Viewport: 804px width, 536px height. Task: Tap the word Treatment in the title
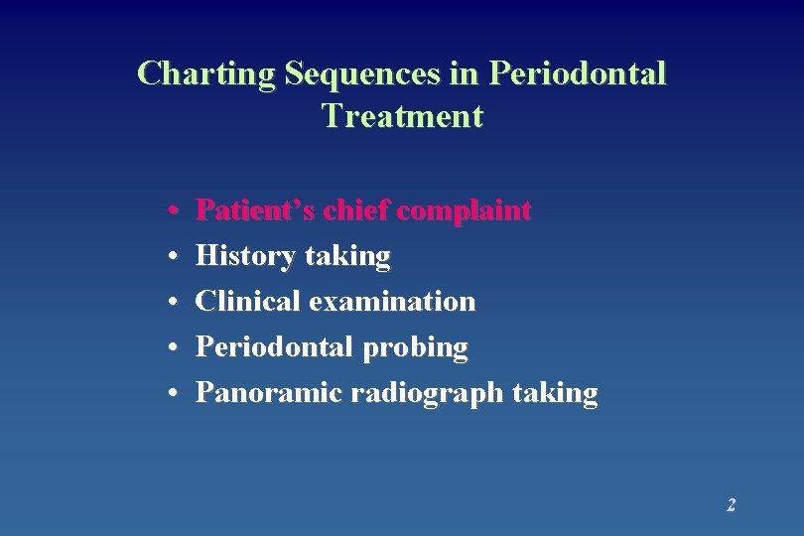(402, 116)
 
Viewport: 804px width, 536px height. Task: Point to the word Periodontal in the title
(578, 73)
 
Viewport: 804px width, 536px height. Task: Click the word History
(245, 257)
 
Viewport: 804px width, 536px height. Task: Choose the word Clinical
(248, 302)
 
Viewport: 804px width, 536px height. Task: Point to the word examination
(392, 302)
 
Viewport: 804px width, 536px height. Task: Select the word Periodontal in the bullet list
(274, 347)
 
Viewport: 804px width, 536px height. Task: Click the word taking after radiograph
(556, 393)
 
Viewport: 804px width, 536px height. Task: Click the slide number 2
(731, 505)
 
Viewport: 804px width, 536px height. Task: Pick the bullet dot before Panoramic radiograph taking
(173, 394)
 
